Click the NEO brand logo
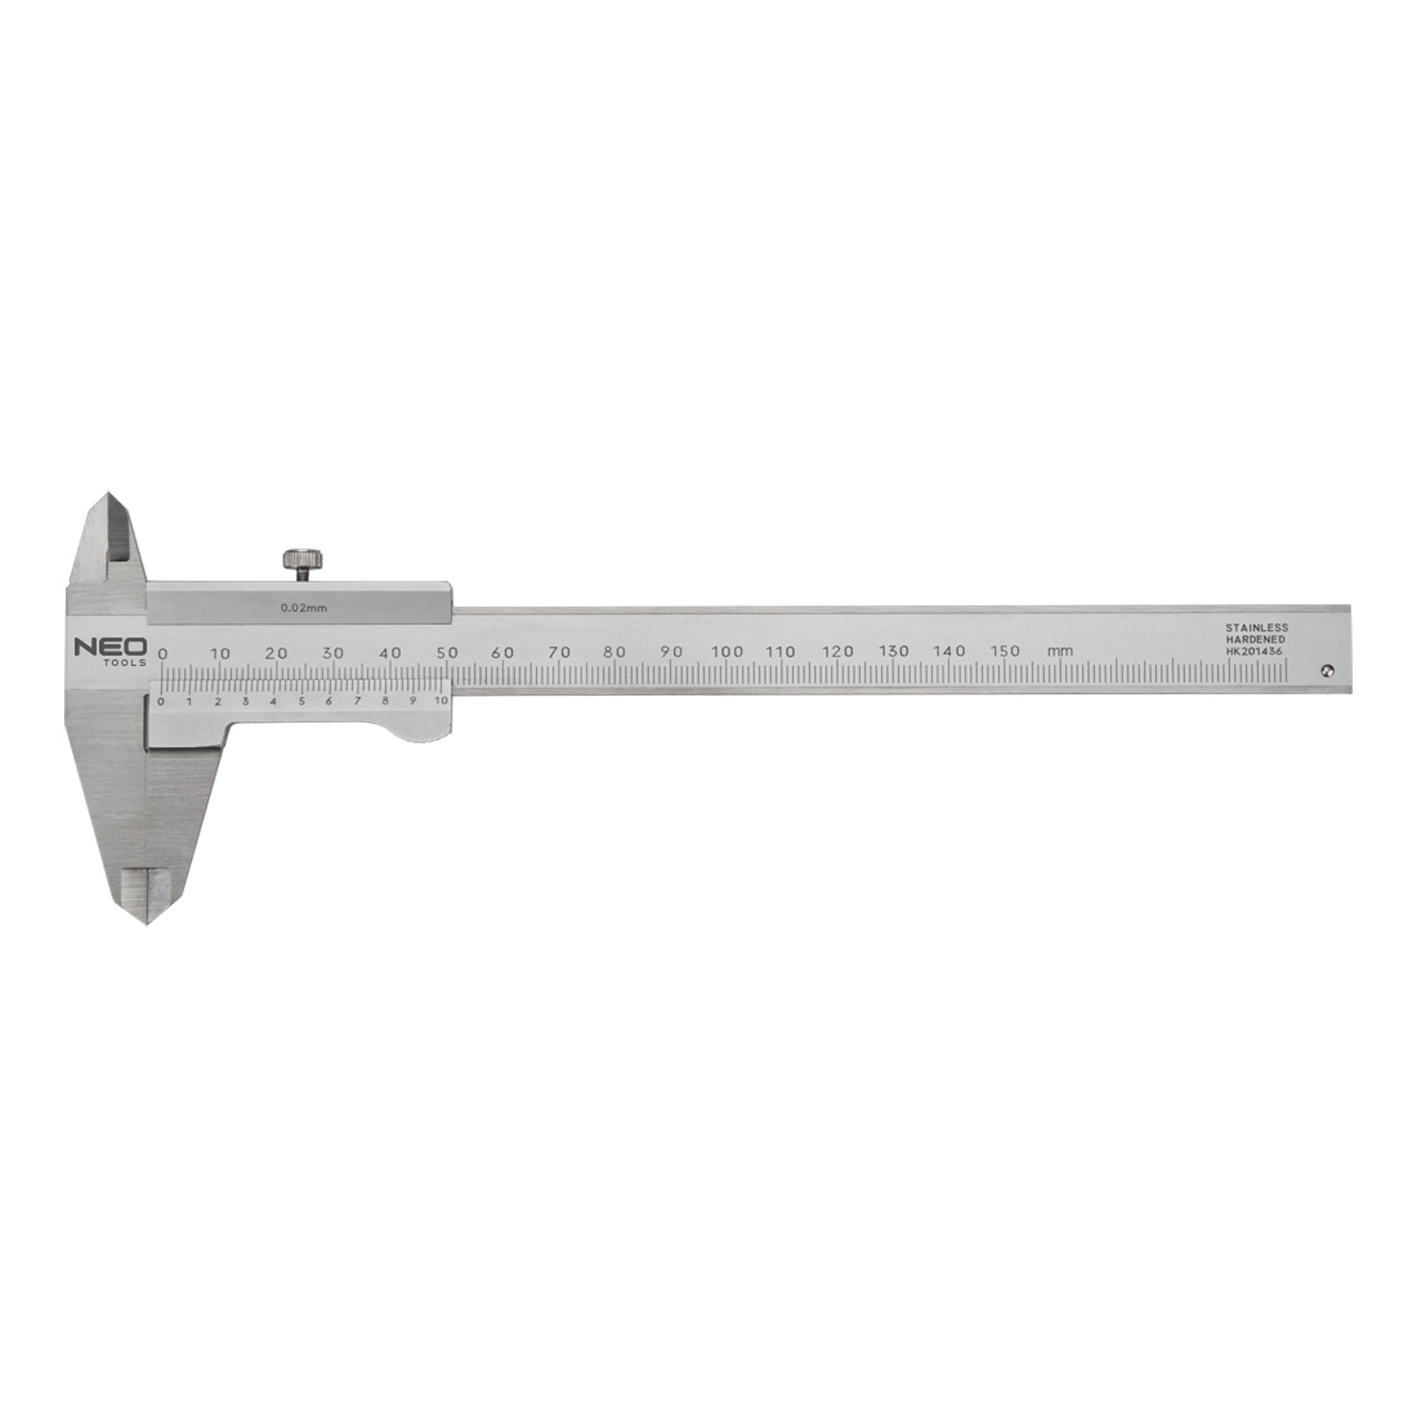(x=110, y=647)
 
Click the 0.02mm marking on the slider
(x=304, y=607)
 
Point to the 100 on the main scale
(x=727, y=651)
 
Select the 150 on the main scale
(x=1005, y=651)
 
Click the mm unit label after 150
(x=1059, y=652)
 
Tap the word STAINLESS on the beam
(x=1256, y=628)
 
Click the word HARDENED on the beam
(x=1255, y=639)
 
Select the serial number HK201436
(x=1253, y=651)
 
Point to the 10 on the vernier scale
(x=441, y=701)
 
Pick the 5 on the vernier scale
(x=301, y=701)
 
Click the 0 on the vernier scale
(x=160, y=702)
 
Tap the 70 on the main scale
(x=559, y=652)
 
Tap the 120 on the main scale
(x=838, y=651)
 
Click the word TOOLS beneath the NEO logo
(x=126, y=662)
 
